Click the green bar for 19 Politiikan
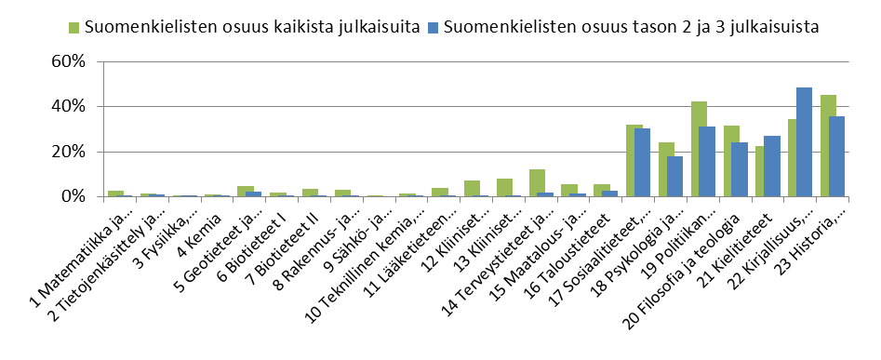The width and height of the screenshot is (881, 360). (699, 149)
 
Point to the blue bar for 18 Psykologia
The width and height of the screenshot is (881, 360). (674, 176)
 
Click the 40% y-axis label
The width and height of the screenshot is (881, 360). (72, 106)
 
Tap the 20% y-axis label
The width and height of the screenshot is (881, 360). (72, 152)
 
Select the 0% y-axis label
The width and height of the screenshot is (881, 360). (76, 196)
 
